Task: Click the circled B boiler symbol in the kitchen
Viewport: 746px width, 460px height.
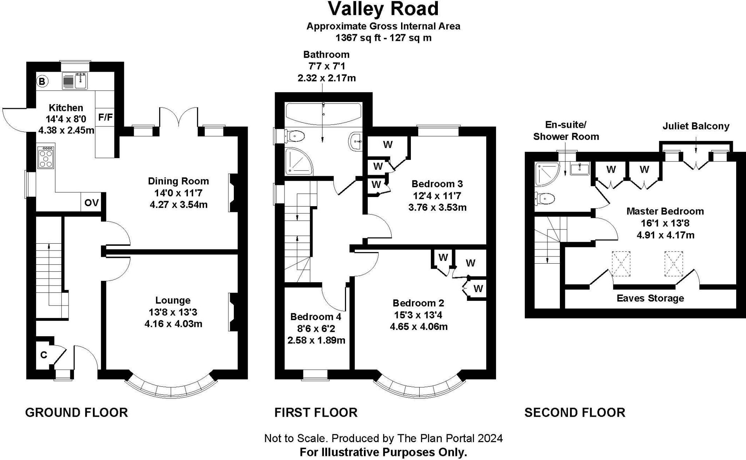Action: [42, 82]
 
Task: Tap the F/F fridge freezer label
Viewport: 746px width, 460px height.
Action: [106, 117]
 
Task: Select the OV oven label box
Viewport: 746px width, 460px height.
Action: [91, 203]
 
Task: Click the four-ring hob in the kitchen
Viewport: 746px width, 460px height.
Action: [46, 157]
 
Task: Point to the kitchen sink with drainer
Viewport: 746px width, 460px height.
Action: [75, 81]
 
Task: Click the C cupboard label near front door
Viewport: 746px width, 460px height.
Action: [44, 355]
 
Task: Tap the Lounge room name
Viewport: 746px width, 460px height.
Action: [173, 300]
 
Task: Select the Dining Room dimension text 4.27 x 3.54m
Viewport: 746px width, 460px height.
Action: [178, 205]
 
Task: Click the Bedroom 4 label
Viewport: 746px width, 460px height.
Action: [316, 317]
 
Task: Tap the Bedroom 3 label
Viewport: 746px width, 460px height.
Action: [437, 184]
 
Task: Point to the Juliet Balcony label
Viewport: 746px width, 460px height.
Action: [696, 126]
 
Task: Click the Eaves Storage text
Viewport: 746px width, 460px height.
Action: [650, 298]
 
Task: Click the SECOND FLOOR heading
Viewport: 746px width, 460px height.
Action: [574, 413]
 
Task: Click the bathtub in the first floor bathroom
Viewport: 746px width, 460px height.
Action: [323, 114]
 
